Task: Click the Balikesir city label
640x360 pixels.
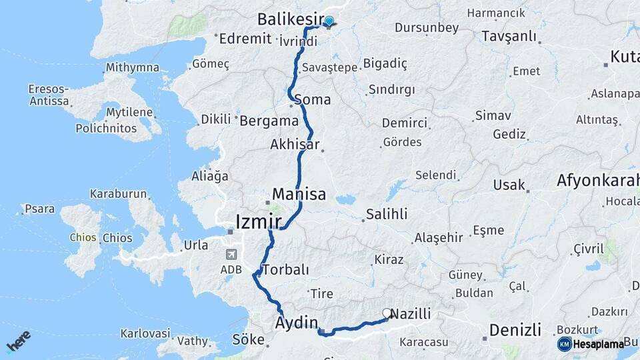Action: (291, 18)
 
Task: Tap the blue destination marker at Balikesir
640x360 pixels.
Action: (329, 21)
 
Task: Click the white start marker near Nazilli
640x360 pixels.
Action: (387, 313)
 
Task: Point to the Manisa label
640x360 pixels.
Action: (299, 195)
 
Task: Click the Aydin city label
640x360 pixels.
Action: (297, 323)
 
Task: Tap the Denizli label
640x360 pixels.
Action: (515, 329)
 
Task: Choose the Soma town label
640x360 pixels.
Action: (316, 100)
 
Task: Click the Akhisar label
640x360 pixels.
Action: (295, 144)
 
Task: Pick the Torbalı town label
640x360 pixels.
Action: (286, 270)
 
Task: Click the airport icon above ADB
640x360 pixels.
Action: (231, 253)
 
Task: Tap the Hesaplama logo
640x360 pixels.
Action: (591, 344)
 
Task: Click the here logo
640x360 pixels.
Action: (18, 341)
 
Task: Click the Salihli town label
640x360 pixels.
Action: (386, 215)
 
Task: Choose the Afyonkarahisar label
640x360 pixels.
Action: (598, 180)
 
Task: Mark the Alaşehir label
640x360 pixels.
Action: (438, 237)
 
